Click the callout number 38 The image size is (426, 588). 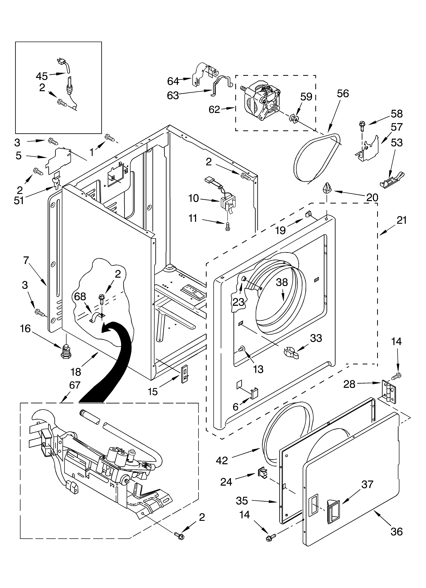click(282, 282)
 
